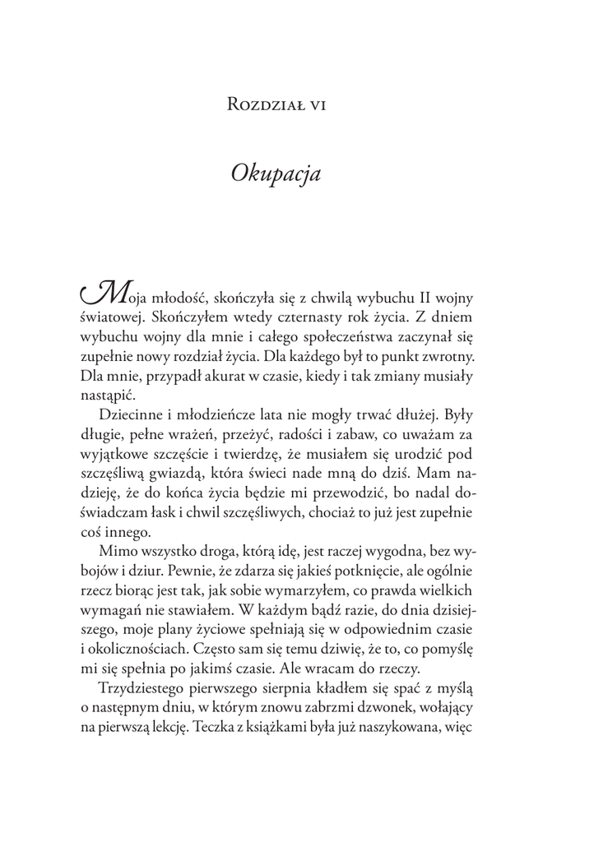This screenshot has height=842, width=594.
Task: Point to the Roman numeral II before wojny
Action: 419,296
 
